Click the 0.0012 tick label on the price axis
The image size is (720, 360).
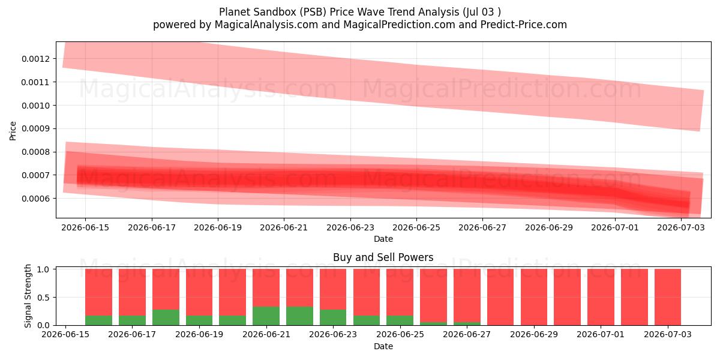pyautogui.click(x=35, y=59)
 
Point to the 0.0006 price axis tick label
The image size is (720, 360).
pyautogui.click(x=35, y=199)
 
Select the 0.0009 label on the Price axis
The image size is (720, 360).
pyautogui.click(x=35, y=129)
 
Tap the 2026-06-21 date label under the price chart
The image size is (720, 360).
pyautogui.click(x=284, y=227)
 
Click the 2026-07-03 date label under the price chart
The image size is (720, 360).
pyautogui.click(x=681, y=227)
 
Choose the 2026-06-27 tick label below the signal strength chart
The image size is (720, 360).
pyautogui.click(x=467, y=334)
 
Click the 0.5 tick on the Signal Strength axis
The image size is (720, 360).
pyautogui.click(x=43, y=298)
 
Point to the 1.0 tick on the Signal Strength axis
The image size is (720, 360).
pyautogui.click(x=43, y=269)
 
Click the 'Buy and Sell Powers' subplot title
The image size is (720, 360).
pyautogui.click(x=383, y=257)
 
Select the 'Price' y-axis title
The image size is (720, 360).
pyautogui.click(x=13, y=131)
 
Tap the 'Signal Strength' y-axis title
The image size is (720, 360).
pyautogui.click(x=28, y=296)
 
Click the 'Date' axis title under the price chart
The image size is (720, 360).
pyautogui.click(x=383, y=239)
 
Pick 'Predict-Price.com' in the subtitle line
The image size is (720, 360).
pyautogui.click(x=524, y=25)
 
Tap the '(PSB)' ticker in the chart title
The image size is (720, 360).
pyautogui.click(x=313, y=12)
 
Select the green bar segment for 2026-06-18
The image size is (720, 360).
pyautogui.click(x=166, y=317)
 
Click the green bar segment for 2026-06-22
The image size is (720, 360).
pyautogui.click(x=299, y=316)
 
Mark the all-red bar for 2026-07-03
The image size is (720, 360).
pyautogui.click(x=668, y=297)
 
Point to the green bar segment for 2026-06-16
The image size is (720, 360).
pyautogui.click(x=98, y=320)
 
